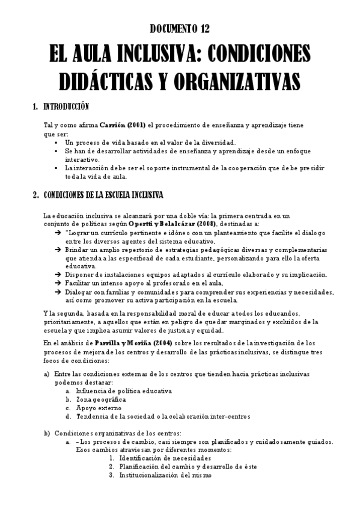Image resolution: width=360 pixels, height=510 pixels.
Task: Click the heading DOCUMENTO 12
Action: (180, 28)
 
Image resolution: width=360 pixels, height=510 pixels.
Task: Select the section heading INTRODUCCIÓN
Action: (66, 107)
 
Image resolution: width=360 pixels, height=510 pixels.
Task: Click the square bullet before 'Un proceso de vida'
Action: (56, 143)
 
